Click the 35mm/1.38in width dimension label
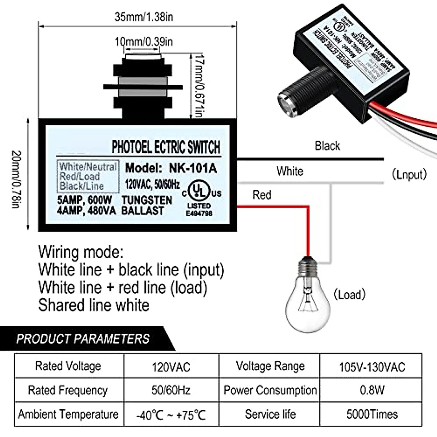click(x=144, y=17)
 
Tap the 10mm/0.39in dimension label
click(x=144, y=42)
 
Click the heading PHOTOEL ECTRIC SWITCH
click(x=166, y=147)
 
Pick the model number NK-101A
click(x=193, y=168)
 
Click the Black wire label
click(x=327, y=146)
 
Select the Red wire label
click(x=262, y=195)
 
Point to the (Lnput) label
click(x=409, y=174)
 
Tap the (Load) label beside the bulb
click(x=349, y=295)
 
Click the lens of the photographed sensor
click(x=286, y=105)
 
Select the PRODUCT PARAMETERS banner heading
click(x=83, y=339)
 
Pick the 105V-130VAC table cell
click(x=372, y=367)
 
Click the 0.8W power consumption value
click(x=372, y=390)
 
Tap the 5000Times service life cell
click(x=372, y=414)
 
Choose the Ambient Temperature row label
click(x=68, y=414)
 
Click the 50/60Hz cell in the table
click(x=171, y=390)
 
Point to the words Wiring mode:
click(x=81, y=252)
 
